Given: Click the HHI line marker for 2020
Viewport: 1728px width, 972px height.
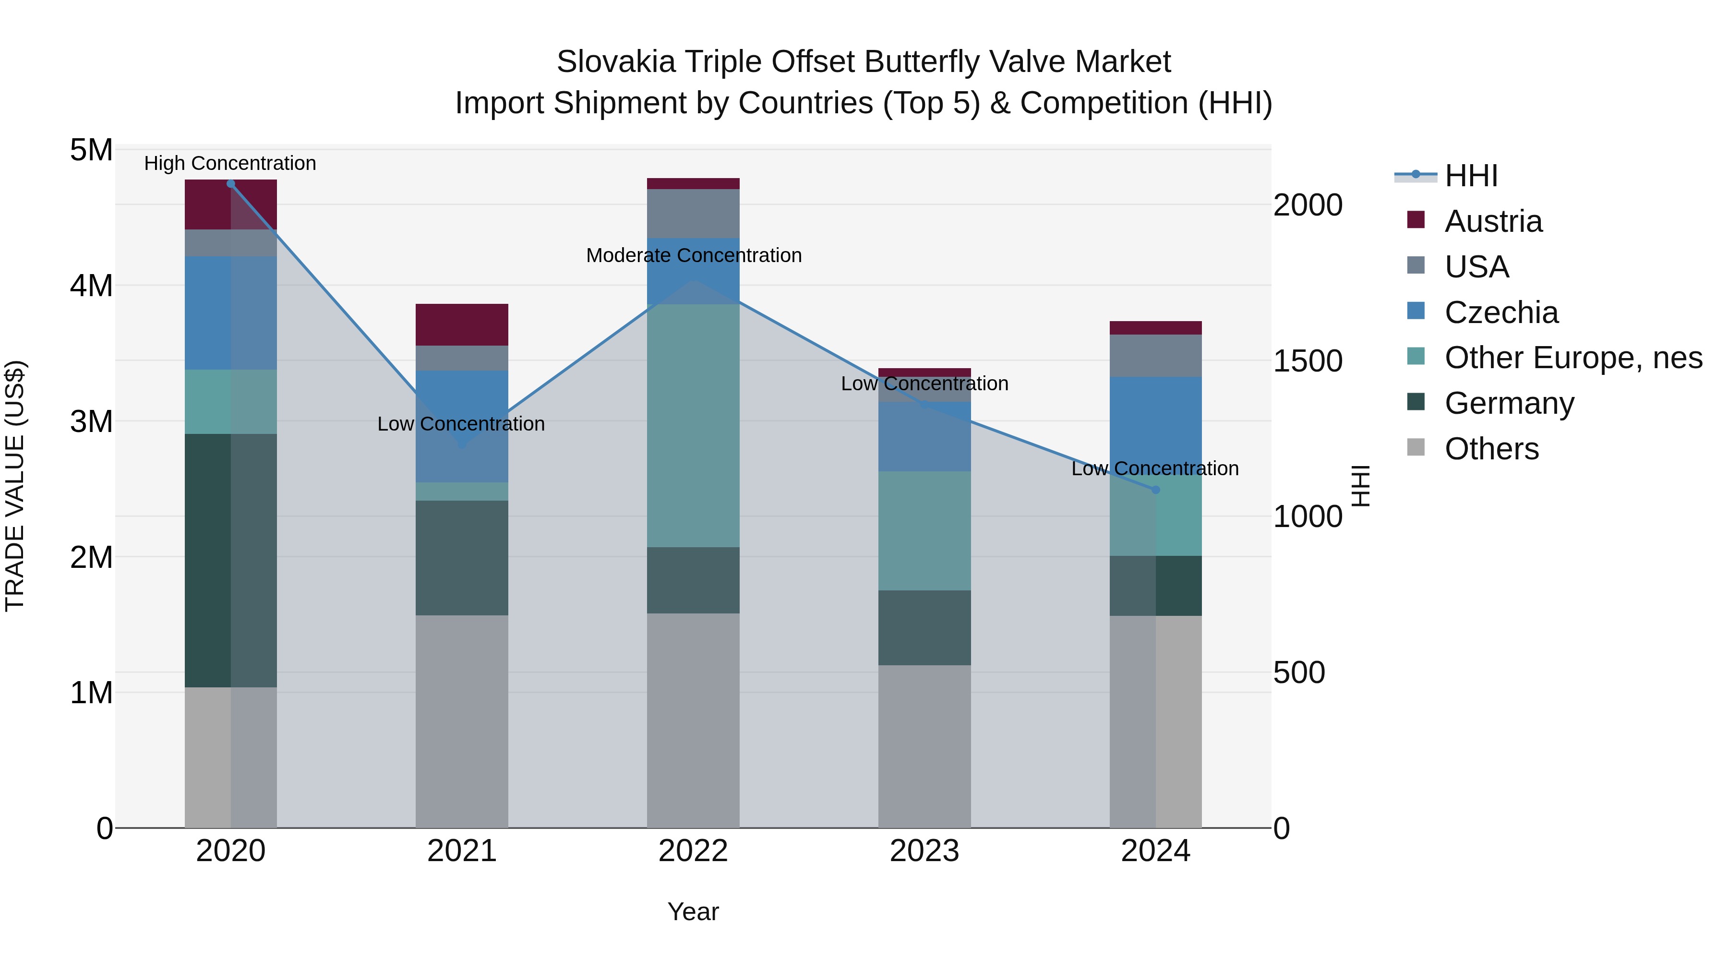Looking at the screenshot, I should (231, 184).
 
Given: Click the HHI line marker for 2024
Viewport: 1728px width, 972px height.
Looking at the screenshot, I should (1155, 490).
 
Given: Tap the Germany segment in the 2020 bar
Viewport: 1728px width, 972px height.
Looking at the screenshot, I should (231, 560).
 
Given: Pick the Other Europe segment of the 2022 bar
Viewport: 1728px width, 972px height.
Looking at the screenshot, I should (693, 425).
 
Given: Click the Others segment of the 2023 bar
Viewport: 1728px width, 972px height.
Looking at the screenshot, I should (924, 746).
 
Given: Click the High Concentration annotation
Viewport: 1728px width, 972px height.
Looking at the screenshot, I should (230, 163).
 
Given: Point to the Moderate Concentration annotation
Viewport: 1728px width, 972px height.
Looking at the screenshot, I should (694, 255).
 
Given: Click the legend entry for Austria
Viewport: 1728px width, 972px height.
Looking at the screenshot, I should (1493, 221).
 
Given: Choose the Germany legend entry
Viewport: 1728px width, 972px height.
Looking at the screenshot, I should (1509, 403).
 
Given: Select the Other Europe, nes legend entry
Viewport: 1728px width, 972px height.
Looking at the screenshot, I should (1573, 358).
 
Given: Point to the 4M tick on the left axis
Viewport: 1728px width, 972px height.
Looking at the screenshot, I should (91, 286).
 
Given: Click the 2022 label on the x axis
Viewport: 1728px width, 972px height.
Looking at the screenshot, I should (693, 851).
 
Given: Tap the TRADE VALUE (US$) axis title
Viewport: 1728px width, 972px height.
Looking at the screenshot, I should (15, 486).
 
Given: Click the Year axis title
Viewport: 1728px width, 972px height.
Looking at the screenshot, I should (693, 912).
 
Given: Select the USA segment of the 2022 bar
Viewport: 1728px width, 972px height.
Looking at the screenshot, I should (693, 213).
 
